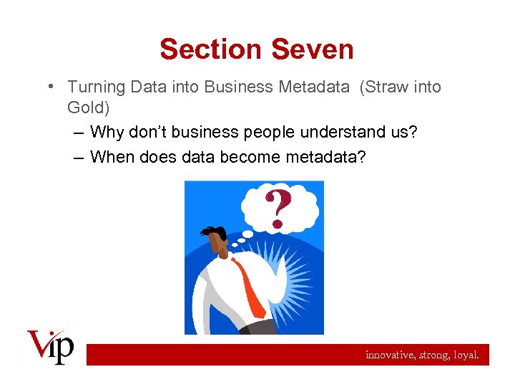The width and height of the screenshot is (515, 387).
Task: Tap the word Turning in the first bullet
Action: pos(95,87)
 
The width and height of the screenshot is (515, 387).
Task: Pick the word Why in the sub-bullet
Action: pos(107,133)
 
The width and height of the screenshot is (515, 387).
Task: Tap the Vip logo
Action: pos(51,347)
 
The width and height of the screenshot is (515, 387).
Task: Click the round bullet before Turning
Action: pos(52,87)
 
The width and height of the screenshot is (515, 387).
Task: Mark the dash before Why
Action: pos(77,133)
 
